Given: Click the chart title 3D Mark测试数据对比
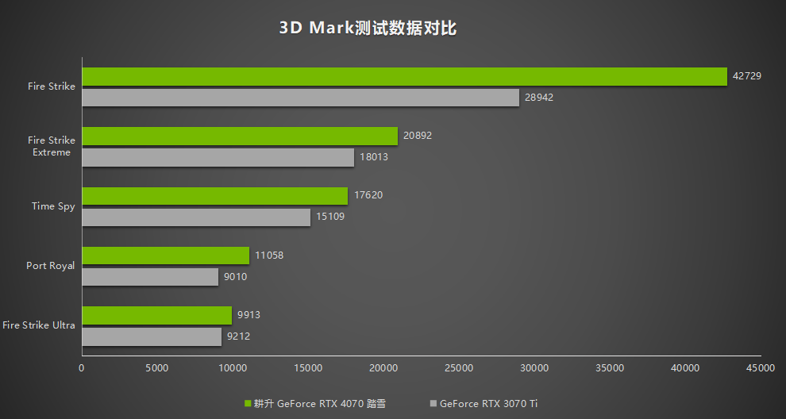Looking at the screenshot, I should [368, 29].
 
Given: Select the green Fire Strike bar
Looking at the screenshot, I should [404, 76].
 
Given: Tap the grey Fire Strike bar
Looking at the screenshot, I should [300, 98].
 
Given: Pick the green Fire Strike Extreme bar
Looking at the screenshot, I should [240, 136].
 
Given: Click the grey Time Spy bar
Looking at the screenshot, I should [196, 217].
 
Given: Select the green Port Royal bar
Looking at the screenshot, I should [165, 256].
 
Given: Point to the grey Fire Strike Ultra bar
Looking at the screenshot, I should [152, 336].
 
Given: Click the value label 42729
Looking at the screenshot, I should [747, 76].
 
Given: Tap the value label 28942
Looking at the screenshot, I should [539, 98].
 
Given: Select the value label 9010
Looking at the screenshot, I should [237, 277].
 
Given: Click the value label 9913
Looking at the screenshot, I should [249, 315].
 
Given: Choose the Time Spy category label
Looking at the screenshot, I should [53, 206].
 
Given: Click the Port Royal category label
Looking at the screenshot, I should [50, 266].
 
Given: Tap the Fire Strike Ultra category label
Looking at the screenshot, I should [39, 325].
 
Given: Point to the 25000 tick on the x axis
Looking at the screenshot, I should [459, 368].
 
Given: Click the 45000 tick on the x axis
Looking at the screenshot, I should [760, 368].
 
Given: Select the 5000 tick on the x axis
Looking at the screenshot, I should [157, 368].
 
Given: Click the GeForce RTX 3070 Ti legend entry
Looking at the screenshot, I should [487, 404].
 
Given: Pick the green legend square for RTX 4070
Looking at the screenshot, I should [248, 404].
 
